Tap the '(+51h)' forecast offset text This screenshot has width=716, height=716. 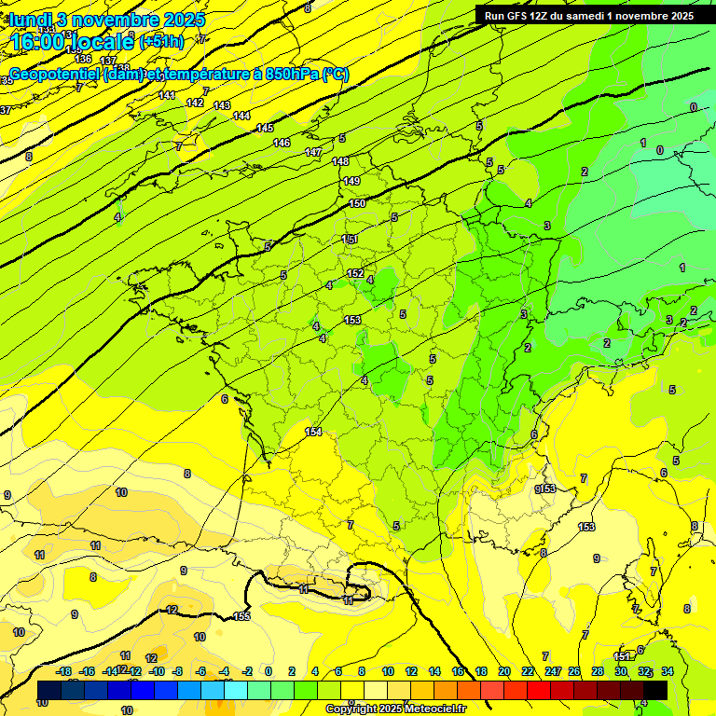click(162, 41)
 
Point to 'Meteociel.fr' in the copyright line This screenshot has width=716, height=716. click(430, 709)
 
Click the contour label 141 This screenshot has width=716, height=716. click(167, 95)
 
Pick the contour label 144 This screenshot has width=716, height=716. click(241, 116)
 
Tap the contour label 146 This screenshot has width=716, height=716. click(282, 143)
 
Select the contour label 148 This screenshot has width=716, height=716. click(340, 161)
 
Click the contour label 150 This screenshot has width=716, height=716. click(357, 203)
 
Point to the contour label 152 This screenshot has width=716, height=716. click(355, 273)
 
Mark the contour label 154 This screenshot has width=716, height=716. click(313, 432)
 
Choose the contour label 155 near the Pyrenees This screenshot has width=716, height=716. click(242, 616)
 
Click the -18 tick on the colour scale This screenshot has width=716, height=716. click(64, 671)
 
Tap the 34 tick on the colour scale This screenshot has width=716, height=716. click(668, 671)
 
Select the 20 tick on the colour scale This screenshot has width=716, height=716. click(504, 671)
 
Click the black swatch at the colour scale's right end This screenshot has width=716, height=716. click(655, 689)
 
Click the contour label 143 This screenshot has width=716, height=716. click(222, 105)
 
